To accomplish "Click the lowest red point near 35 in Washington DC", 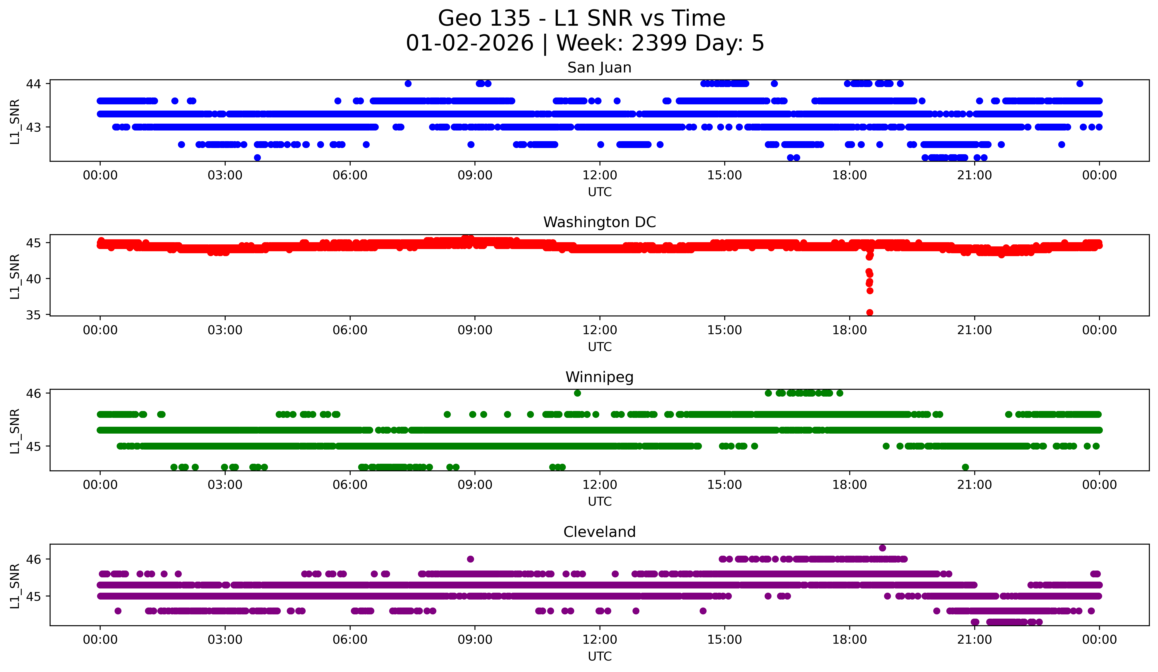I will [869, 312].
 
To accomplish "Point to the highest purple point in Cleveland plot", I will [882, 548].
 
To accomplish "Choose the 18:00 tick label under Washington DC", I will [849, 330].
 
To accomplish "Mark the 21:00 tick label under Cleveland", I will [974, 640].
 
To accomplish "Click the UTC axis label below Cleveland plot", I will [599, 656].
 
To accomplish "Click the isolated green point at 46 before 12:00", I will [577, 393].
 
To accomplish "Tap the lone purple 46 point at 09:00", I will [470, 559].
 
